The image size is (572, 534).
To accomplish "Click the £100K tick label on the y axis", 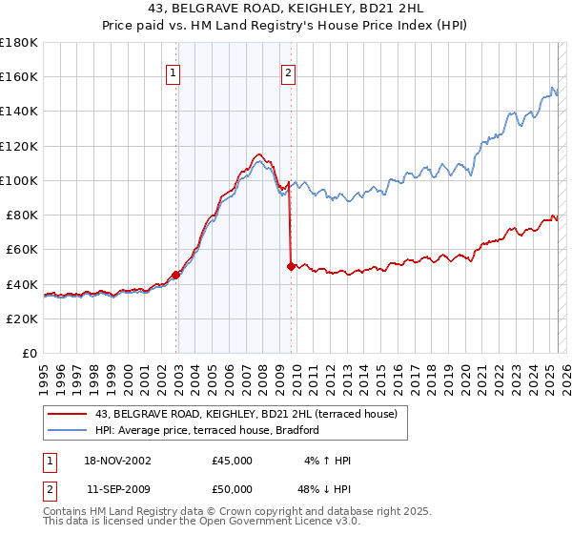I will (19, 180).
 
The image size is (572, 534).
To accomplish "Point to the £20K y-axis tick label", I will (22, 318).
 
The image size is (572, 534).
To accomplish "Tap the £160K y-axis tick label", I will (19, 76).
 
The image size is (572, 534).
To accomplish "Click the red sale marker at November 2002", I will (176, 276).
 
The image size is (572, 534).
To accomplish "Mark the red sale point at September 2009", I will (291, 267).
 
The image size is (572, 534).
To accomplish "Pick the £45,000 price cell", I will (233, 461).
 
